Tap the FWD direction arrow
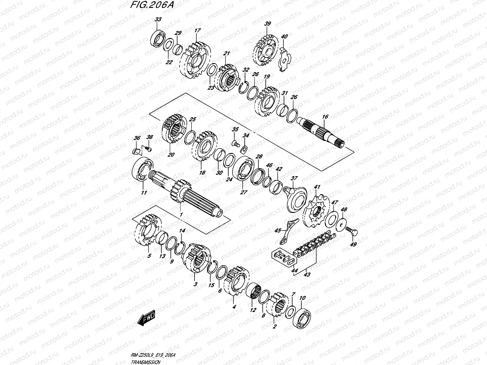pyautogui.click(x=146, y=319)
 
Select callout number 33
pyautogui.click(x=158, y=19)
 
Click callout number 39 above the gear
pyautogui.click(x=268, y=24)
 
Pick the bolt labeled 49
pyautogui.click(x=352, y=231)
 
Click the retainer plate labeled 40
pyautogui.click(x=285, y=60)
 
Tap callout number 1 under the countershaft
pyautogui.click(x=181, y=215)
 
